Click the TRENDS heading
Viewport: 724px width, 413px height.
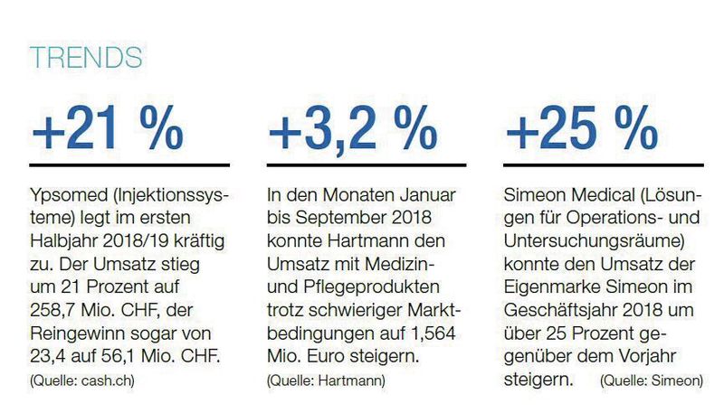pos(86,57)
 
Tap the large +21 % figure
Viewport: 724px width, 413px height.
pos(107,130)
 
